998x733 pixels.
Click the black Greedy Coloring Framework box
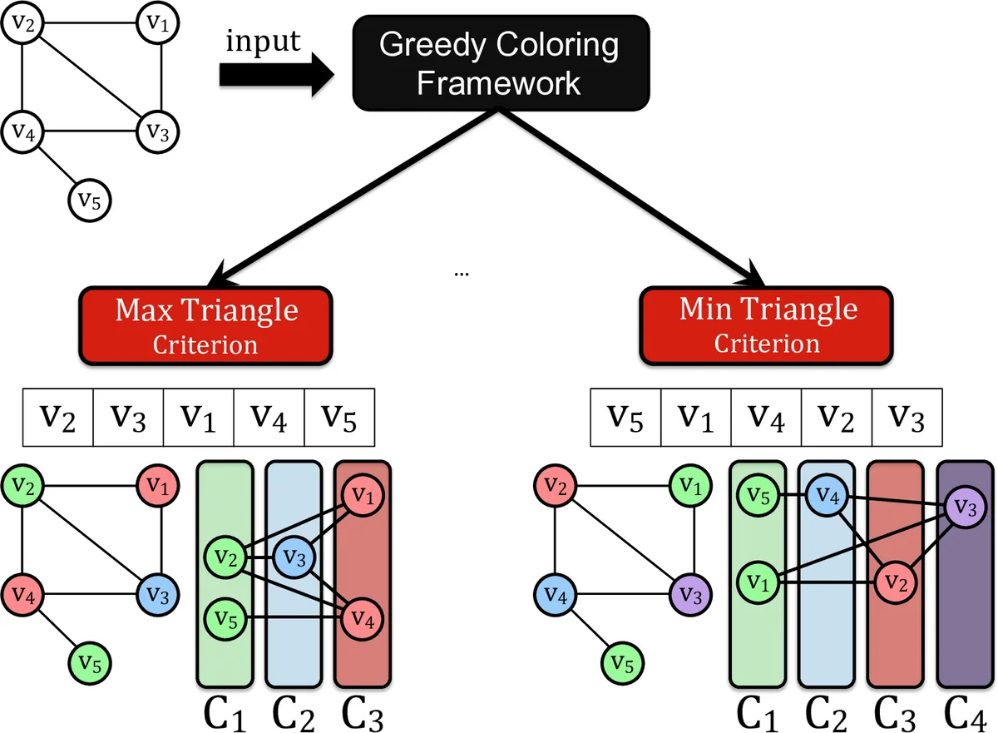[x=498, y=62]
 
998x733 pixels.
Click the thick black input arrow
[x=274, y=75]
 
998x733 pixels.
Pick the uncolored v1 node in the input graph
[x=157, y=25]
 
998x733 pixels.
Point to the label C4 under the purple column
[x=966, y=712]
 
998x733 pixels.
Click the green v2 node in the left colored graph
[x=23, y=488]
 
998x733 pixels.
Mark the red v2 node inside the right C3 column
[x=894, y=579]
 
